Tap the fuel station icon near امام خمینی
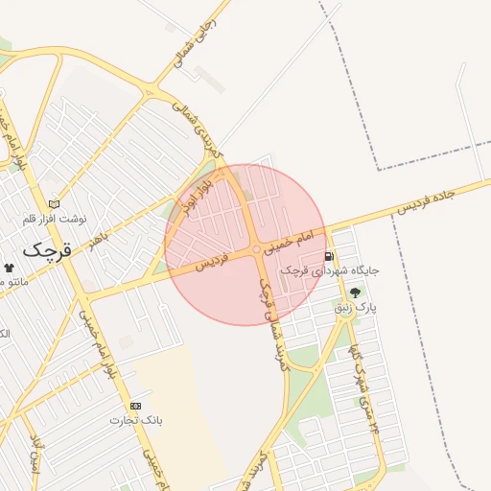tap(330, 256)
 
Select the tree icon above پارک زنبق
tap(357, 292)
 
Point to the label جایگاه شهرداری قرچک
tap(330, 271)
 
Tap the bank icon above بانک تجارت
tap(134, 406)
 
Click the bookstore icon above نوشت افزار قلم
tap(54, 203)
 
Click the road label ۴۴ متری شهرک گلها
tap(364, 384)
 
